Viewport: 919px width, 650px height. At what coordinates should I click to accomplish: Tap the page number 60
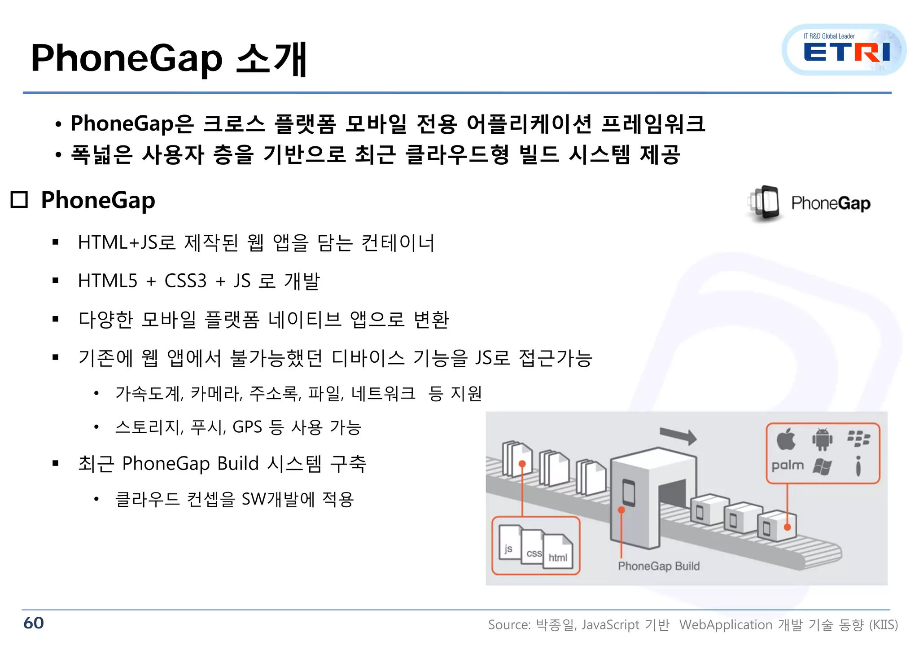tap(34, 623)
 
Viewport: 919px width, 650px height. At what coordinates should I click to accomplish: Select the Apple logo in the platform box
tap(786, 439)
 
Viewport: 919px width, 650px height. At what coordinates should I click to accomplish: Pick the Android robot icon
tap(822, 439)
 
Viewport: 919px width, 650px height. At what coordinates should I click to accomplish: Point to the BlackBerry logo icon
tap(858, 439)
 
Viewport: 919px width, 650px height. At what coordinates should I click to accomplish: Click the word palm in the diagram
tap(788, 465)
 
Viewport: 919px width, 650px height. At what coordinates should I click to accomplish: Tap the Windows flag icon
tap(822, 467)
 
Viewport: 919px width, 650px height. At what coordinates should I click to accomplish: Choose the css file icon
tap(533, 550)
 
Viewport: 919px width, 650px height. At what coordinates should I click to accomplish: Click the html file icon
tap(558, 554)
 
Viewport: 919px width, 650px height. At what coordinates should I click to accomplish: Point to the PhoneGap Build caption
tap(659, 566)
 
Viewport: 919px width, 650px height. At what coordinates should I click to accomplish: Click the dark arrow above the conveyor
tap(678, 435)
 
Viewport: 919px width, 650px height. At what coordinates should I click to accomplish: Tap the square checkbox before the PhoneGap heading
tap(19, 200)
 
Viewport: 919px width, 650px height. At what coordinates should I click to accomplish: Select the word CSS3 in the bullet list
tap(185, 281)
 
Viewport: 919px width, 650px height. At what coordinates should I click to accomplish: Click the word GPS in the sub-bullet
tap(247, 427)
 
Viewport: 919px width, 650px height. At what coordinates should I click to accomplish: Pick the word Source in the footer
tap(509, 625)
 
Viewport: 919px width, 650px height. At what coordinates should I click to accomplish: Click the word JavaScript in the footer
tap(610, 625)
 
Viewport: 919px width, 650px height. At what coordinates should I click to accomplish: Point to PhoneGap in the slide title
tap(127, 58)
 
